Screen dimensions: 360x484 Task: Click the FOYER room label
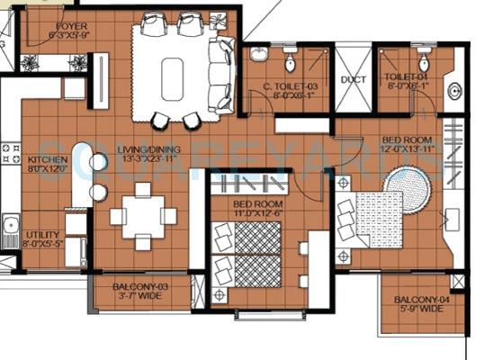click(72, 27)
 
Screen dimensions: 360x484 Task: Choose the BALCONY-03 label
click(143, 287)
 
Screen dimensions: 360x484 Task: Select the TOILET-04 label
click(404, 78)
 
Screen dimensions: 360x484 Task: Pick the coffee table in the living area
click(172, 78)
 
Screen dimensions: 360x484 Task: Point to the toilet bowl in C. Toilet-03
click(291, 61)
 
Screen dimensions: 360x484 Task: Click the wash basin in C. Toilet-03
click(259, 55)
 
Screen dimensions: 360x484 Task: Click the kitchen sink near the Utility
click(11, 222)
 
